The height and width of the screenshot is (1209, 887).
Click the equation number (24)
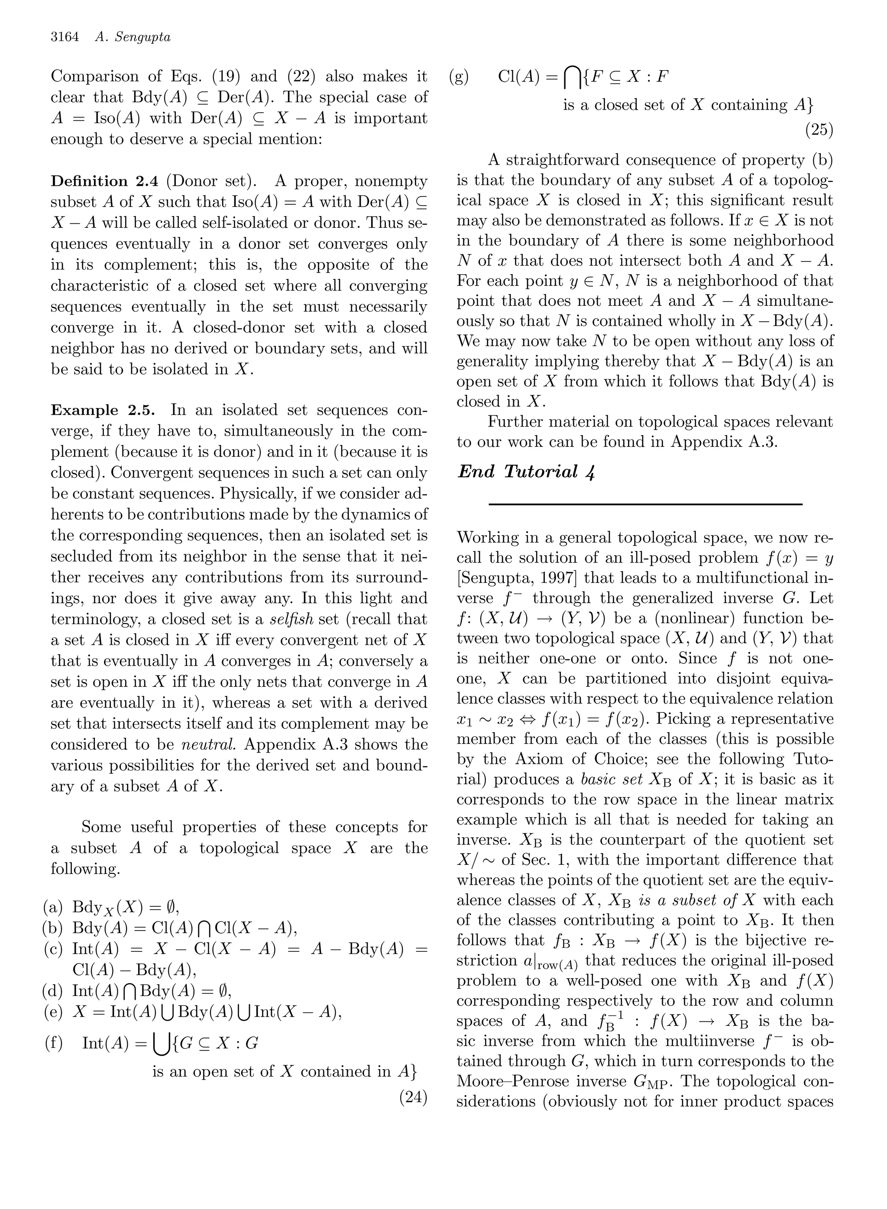[x=413, y=1096]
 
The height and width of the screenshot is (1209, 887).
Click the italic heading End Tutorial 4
[x=526, y=472]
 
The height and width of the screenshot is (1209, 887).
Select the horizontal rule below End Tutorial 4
[x=645, y=504]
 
